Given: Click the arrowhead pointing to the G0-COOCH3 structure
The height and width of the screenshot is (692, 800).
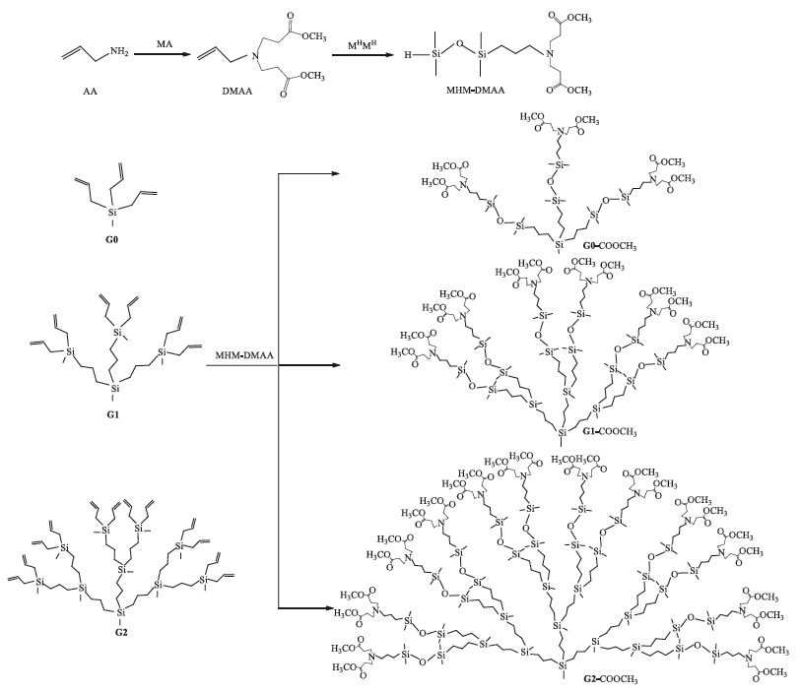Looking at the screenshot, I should click(x=339, y=175).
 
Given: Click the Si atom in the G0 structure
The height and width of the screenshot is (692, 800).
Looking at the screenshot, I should click(x=110, y=212).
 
